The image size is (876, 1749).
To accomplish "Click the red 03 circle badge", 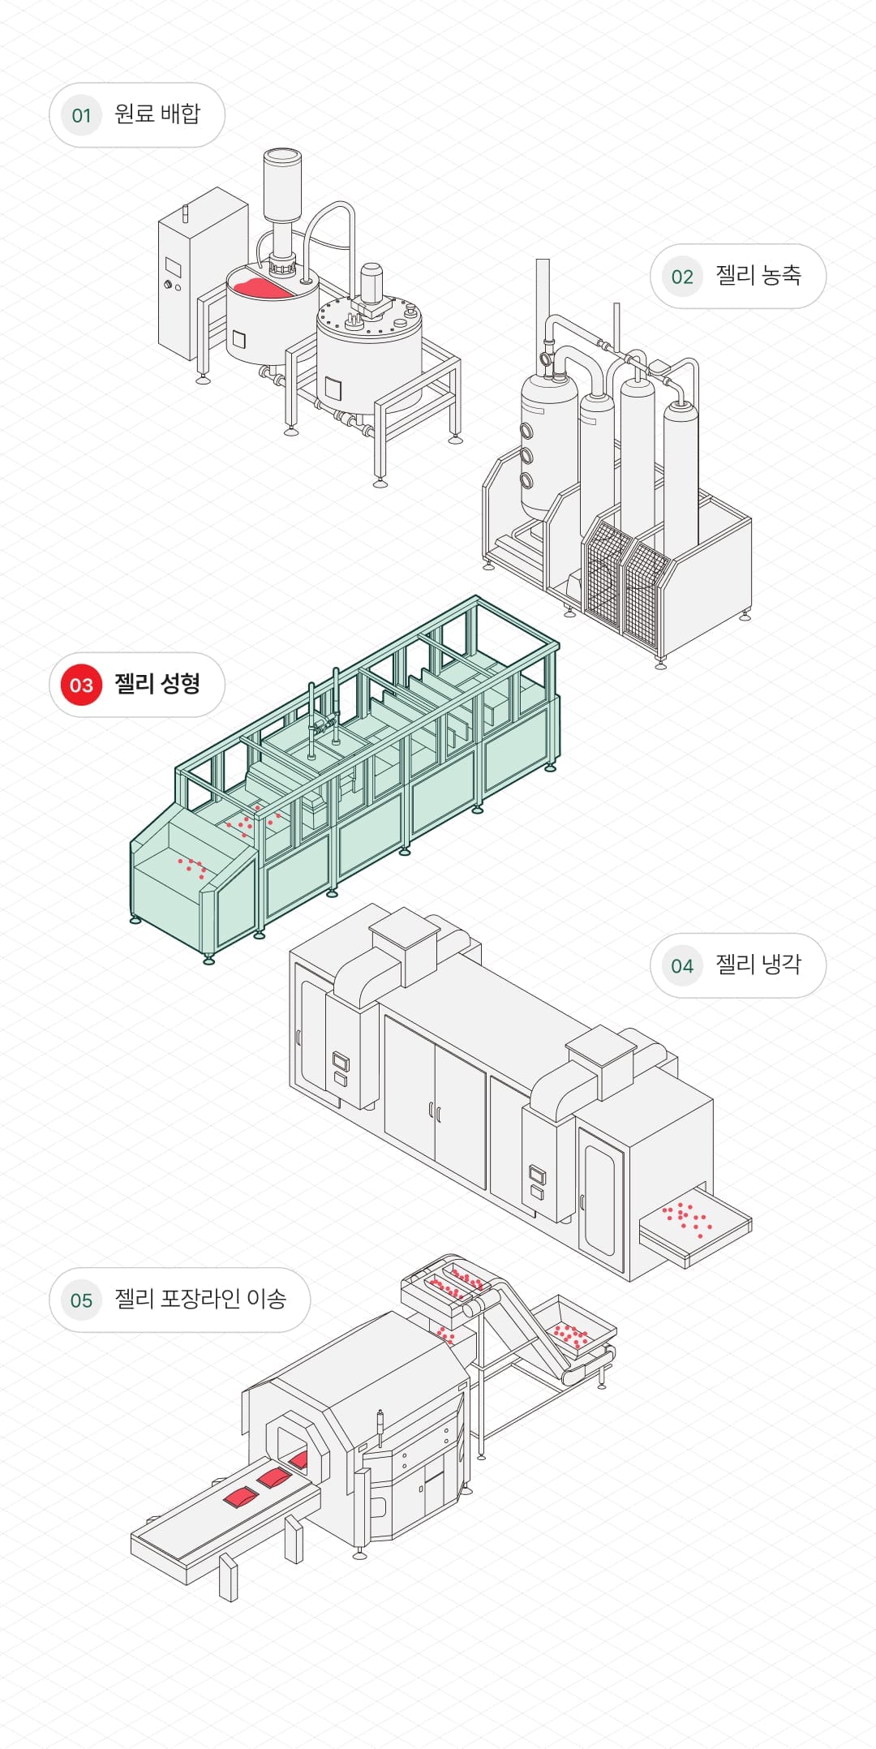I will [x=81, y=685].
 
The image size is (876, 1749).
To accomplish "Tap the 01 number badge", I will [x=81, y=115].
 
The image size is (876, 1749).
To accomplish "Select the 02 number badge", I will [x=682, y=277].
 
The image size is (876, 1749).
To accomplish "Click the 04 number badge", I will [x=682, y=965].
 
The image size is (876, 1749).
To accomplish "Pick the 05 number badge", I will [x=81, y=1300].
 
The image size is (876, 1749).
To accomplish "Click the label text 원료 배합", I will [x=157, y=114].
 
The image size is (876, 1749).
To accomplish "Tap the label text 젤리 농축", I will [x=758, y=275].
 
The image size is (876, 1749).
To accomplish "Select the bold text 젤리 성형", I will [x=157, y=684].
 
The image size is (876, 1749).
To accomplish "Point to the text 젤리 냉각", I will [x=758, y=964].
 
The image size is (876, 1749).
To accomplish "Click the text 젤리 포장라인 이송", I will [x=200, y=1299].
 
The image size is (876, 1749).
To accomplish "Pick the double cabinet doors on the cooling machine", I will [x=434, y=1103].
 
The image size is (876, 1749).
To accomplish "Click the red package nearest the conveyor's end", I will [x=240, y=1497].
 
